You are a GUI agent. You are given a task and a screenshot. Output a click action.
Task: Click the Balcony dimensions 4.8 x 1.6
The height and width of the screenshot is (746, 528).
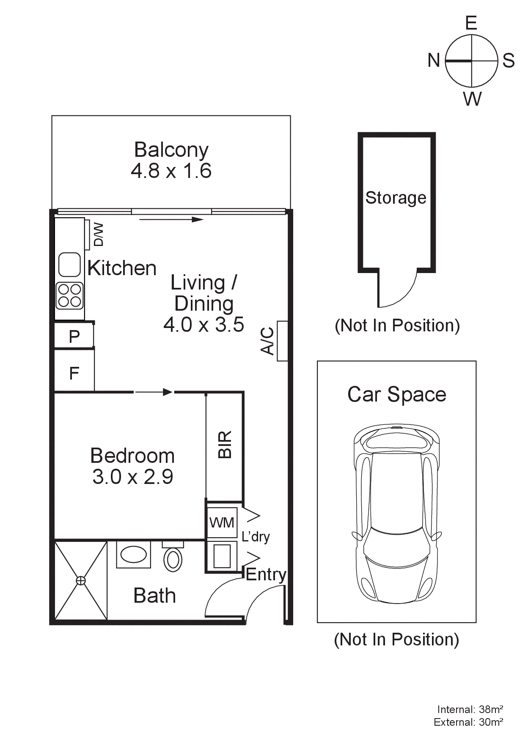click(x=171, y=171)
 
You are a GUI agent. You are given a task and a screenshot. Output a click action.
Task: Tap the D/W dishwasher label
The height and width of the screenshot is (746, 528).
click(x=98, y=235)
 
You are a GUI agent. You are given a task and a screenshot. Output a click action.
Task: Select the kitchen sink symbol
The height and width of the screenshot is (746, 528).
click(x=69, y=265)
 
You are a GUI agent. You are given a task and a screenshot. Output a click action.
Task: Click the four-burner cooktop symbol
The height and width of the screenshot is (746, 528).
click(x=70, y=295)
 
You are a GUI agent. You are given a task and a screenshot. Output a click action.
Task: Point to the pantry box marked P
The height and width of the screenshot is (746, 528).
click(x=74, y=336)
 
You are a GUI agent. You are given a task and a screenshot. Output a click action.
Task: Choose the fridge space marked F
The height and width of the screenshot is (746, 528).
click(x=74, y=373)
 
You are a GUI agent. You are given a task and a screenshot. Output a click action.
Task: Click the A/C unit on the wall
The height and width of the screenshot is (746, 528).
click(x=282, y=341)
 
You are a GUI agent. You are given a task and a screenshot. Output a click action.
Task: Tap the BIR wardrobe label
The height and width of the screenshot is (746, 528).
click(x=225, y=445)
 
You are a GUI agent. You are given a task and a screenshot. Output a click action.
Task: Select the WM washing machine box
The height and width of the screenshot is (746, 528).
click(x=222, y=523)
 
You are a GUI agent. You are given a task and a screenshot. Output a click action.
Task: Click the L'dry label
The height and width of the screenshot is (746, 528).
click(x=256, y=537)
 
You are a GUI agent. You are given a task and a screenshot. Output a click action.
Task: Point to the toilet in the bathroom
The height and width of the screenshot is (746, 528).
click(x=173, y=559)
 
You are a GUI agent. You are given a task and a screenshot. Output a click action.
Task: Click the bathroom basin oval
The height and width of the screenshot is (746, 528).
click(x=134, y=555)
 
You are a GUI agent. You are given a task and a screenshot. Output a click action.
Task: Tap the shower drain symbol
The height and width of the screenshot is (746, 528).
click(x=80, y=581)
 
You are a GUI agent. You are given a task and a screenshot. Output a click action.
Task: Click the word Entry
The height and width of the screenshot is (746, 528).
click(x=266, y=574)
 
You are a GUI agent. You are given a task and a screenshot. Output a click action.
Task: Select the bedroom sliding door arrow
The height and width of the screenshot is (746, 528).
click(x=154, y=392)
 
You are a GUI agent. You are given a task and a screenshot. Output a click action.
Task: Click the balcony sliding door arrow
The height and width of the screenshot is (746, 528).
click(x=171, y=219)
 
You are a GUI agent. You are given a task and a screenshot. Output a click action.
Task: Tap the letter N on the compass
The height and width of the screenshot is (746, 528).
click(x=434, y=60)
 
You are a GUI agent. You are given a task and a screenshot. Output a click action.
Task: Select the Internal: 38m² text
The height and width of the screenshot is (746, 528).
click(x=470, y=709)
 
